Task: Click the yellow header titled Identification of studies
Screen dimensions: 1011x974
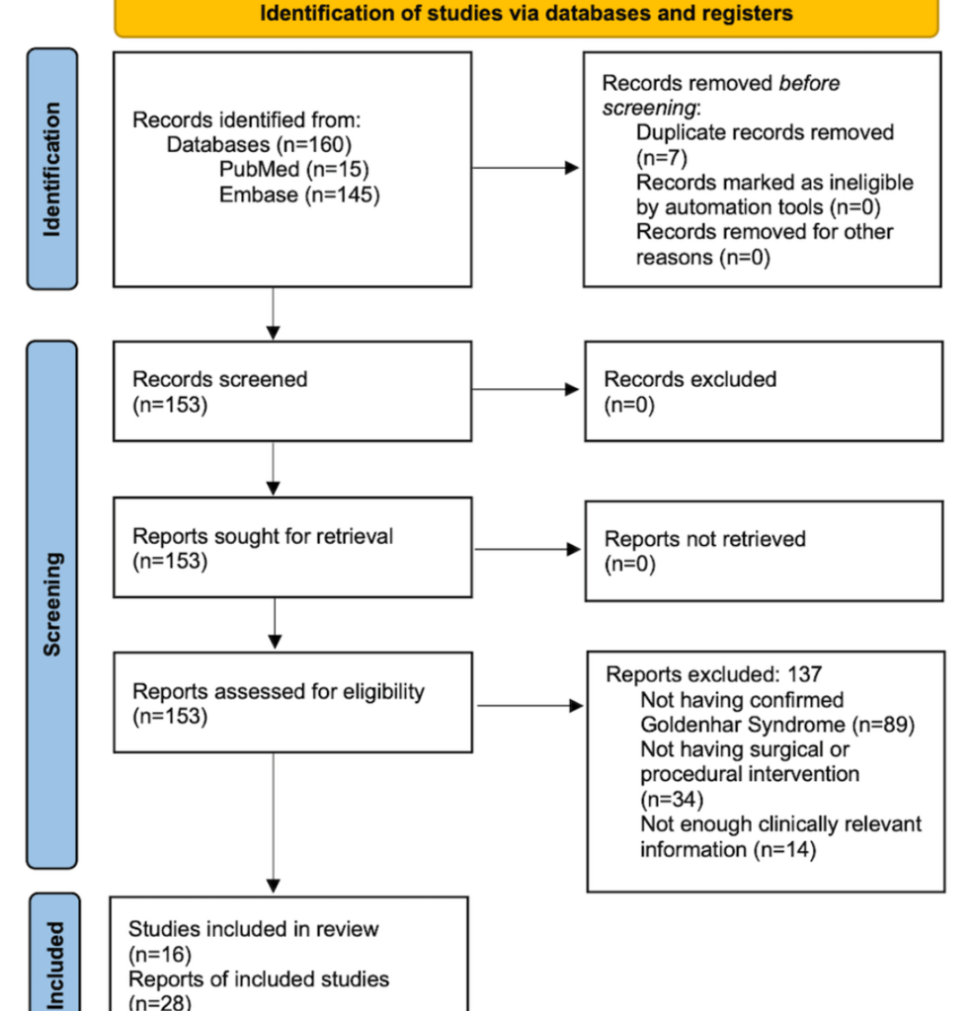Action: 526,15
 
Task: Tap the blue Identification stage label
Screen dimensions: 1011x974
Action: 51,169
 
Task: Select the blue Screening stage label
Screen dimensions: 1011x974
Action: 51,603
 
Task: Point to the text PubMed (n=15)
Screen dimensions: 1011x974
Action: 294,169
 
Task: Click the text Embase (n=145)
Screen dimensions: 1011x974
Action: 298,194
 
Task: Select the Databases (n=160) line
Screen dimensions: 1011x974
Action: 259,145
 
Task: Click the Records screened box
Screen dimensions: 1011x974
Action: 291,391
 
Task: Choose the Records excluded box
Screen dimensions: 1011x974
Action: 763,391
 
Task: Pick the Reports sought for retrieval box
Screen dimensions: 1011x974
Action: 291,548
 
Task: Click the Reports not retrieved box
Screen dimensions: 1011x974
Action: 763,550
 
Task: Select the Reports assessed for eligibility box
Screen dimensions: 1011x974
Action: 291,703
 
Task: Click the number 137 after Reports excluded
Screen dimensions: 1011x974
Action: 805,675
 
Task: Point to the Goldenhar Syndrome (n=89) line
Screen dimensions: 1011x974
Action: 776,725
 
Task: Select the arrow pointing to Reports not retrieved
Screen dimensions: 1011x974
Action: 528,549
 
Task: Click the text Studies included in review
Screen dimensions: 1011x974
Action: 253,929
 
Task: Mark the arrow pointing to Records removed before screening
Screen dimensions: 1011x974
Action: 526,168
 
